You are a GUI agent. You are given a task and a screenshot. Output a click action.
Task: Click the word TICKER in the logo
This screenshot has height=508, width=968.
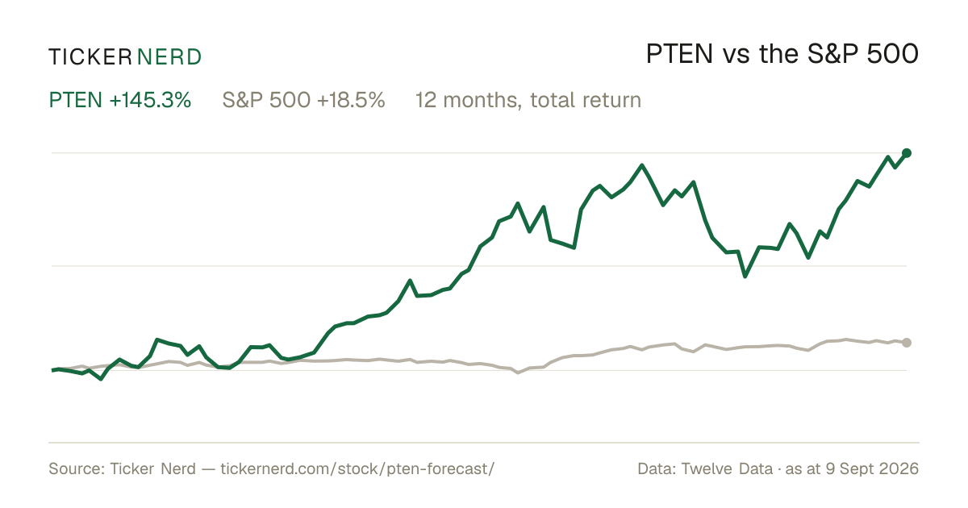(90, 57)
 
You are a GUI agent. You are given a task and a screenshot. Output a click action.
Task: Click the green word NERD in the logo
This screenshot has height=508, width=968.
(169, 57)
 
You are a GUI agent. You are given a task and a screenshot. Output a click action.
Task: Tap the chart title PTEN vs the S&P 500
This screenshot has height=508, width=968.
(782, 54)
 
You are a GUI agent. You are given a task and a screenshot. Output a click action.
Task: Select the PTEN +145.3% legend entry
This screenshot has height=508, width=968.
(119, 100)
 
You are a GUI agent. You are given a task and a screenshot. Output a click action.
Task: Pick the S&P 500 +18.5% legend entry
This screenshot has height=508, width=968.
(303, 100)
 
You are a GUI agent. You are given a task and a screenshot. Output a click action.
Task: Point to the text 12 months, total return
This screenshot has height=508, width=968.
(528, 100)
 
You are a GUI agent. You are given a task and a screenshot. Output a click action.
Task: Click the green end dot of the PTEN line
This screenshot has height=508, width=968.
(907, 153)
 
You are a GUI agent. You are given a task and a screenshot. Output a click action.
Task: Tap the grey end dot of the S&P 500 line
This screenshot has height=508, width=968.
(907, 343)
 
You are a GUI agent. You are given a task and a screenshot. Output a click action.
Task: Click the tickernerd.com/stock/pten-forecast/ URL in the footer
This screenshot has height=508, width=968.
(357, 468)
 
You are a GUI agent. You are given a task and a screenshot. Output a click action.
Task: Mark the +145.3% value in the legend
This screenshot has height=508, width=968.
(150, 100)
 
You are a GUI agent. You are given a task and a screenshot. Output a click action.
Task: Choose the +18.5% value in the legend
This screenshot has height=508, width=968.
(351, 100)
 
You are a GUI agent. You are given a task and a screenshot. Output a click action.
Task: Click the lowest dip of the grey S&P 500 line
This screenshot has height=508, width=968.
(518, 373)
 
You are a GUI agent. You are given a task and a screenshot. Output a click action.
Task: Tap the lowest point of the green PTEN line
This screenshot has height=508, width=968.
(101, 379)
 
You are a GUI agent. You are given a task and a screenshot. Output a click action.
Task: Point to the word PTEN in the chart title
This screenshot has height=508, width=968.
(679, 54)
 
